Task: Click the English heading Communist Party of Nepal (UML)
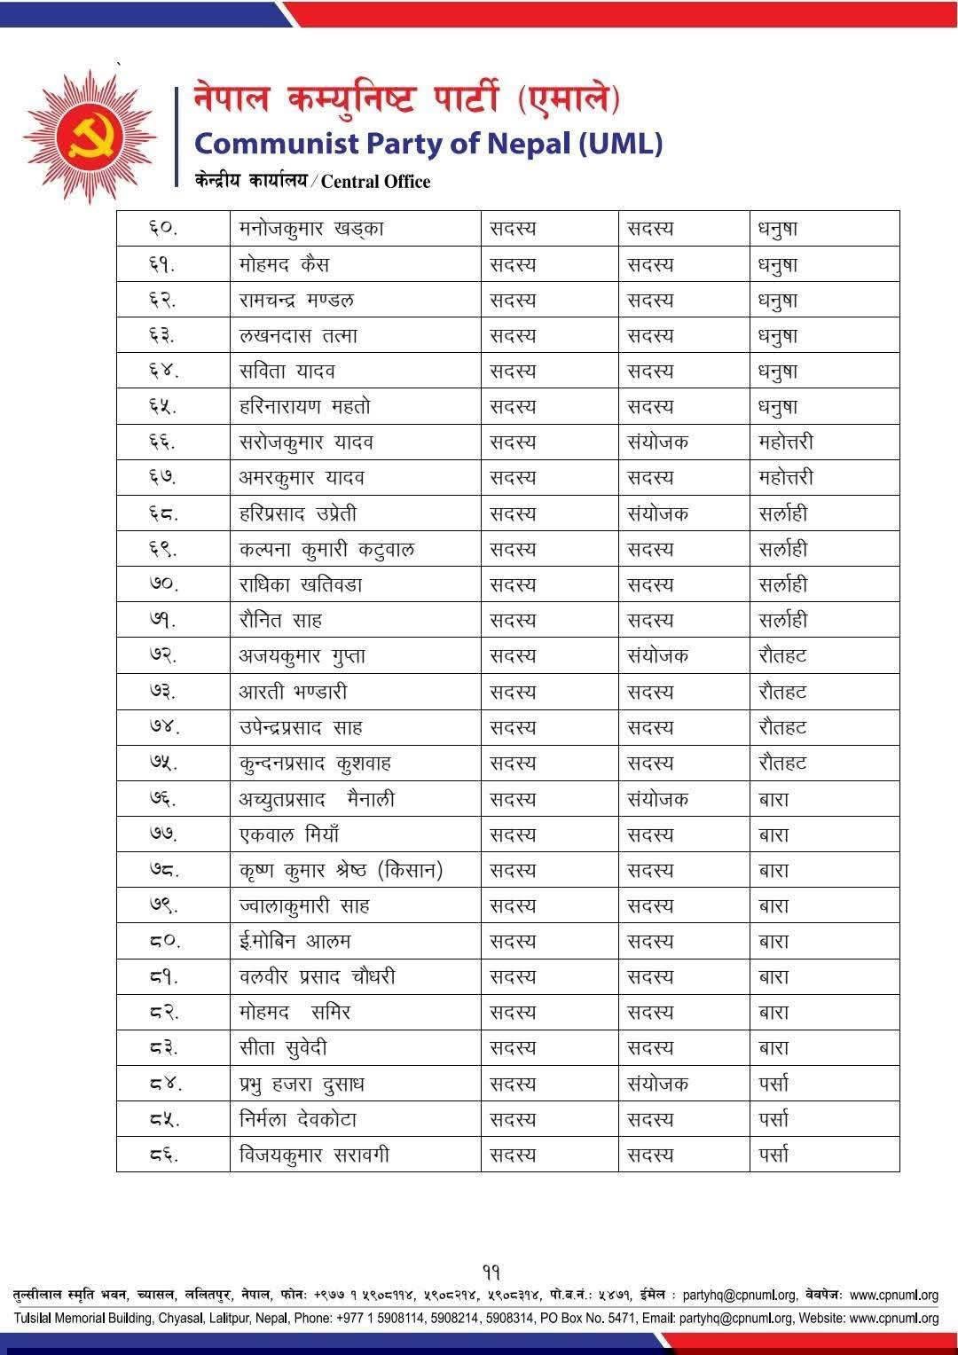point(428,143)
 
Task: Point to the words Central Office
point(375,182)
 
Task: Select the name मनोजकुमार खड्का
point(311,229)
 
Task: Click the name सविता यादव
point(287,372)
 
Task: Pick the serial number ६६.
point(162,443)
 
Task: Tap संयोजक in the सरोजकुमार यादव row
point(657,443)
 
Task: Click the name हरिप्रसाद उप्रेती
point(298,513)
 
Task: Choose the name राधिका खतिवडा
point(301,585)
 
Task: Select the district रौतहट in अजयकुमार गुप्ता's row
point(782,656)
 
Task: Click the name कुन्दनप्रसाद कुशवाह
point(315,764)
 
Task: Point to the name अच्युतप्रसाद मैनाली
point(317,799)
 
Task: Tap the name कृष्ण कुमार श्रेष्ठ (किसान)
point(341,871)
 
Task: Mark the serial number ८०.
point(162,942)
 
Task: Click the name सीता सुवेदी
point(283,1048)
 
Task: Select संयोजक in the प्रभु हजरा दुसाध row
point(657,1084)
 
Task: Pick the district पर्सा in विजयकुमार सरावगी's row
point(773,1155)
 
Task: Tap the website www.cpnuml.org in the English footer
point(893,1319)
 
